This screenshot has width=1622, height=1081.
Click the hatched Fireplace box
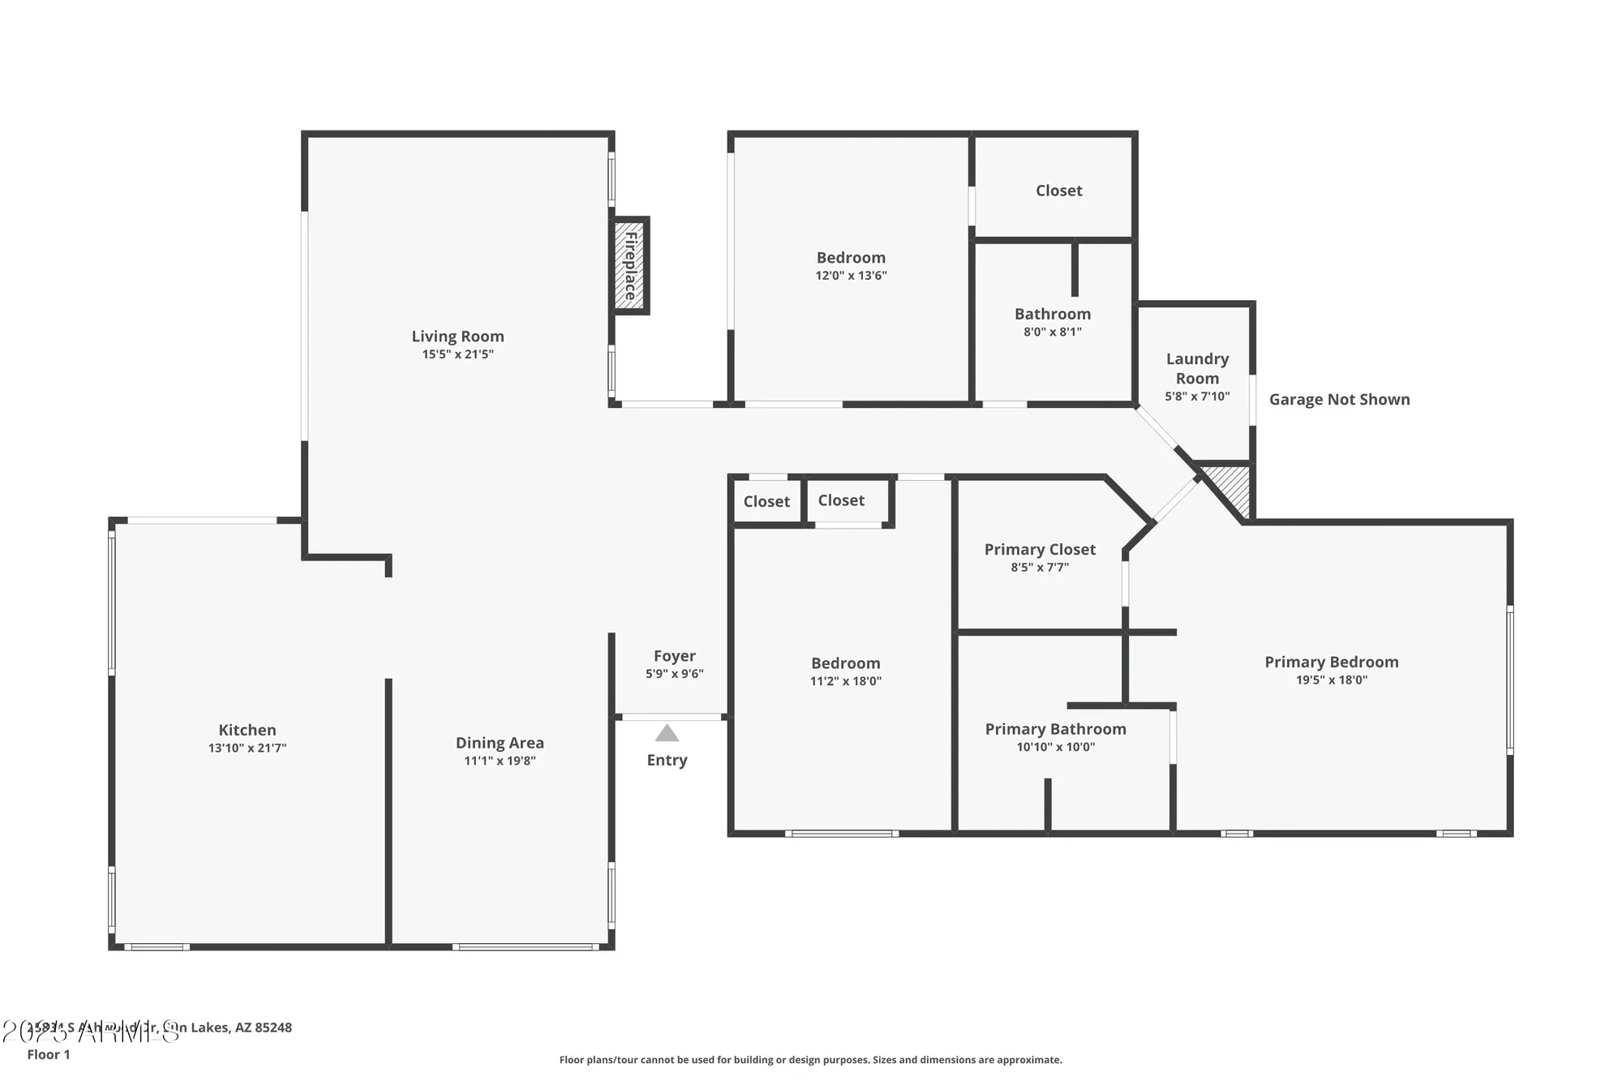click(x=629, y=266)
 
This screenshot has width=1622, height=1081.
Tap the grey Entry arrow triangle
click(x=667, y=734)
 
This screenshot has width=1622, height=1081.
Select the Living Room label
click(x=457, y=337)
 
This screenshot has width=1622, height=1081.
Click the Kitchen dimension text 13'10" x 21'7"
click(x=247, y=749)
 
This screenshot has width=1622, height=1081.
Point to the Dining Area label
click(x=500, y=743)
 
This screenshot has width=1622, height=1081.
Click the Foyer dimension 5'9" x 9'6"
click(x=675, y=674)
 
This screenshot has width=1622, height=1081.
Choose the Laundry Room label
click(x=1197, y=368)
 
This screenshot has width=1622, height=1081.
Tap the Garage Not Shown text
click(x=1339, y=399)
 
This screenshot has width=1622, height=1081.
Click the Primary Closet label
click(x=1040, y=550)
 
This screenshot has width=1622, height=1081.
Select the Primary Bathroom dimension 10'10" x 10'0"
click(x=1055, y=748)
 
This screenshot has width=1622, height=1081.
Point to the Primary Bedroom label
click(x=1331, y=663)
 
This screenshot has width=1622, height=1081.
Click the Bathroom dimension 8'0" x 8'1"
click(x=1052, y=332)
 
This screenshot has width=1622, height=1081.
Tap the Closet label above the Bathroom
click(x=1058, y=191)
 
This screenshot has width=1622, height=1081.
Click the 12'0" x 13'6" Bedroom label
click(x=851, y=258)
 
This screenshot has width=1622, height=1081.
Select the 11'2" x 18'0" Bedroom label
click(x=845, y=663)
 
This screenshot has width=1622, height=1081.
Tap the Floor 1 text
click(x=49, y=1054)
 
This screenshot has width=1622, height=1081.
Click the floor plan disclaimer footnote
click(x=810, y=1060)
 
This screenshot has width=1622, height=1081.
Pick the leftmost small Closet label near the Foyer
click(x=766, y=501)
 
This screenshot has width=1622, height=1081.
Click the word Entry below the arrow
click(x=667, y=760)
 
